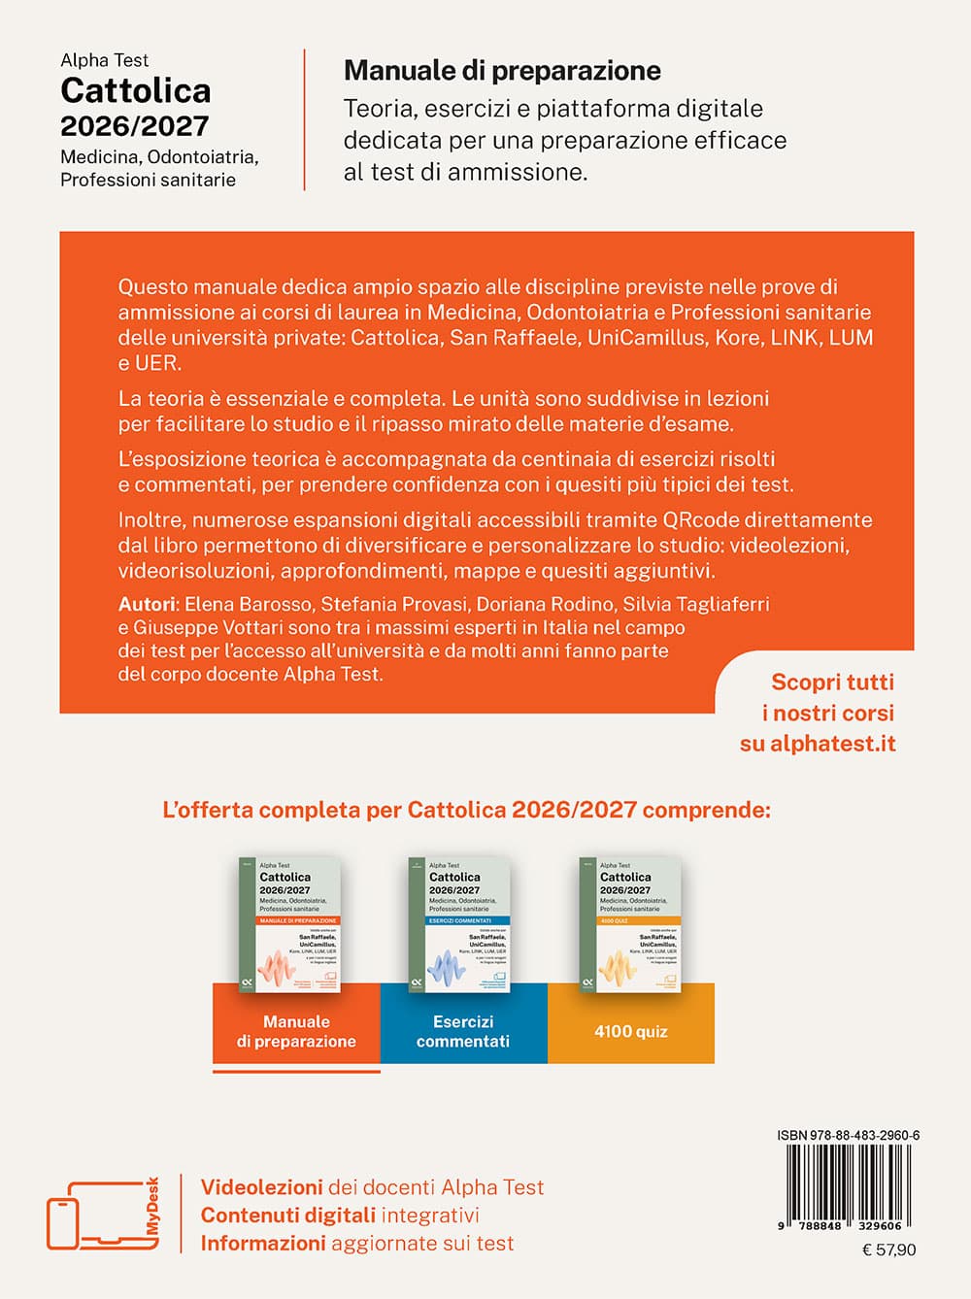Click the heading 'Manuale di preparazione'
(502, 71)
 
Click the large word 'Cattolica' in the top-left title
(135, 90)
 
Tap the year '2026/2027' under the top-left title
(135, 126)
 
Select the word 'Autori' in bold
(148, 604)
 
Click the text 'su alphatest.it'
(818, 744)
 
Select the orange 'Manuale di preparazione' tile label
(296, 1031)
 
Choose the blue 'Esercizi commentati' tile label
(463, 1031)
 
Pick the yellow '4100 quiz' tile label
(631, 1031)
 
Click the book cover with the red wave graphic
(289, 923)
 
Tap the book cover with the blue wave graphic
(460, 923)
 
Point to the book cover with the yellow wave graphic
(630, 923)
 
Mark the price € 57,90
(888, 1250)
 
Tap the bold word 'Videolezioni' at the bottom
(261, 1187)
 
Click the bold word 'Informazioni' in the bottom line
(262, 1244)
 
